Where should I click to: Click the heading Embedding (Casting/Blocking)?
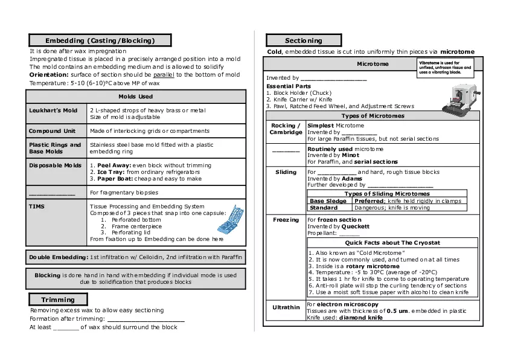pos(100,40)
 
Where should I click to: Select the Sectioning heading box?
pos(304,40)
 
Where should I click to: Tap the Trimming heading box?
pos(58,300)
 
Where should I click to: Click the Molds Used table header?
pos(136,97)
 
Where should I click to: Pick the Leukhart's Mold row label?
pos(53,111)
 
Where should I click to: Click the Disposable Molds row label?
pos(55,165)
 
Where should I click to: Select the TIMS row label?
pos(37,206)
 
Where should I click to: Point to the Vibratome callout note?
pos(446,66)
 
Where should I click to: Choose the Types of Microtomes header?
pos(373,116)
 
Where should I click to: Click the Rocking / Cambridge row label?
pos(286,129)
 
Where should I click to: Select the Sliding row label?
pos(286,172)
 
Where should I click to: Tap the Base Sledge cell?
pos(328,201)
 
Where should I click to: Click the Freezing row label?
pos(286,220)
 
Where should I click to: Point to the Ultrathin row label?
pos(286,307)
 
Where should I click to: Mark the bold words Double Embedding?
pos(59,257)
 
